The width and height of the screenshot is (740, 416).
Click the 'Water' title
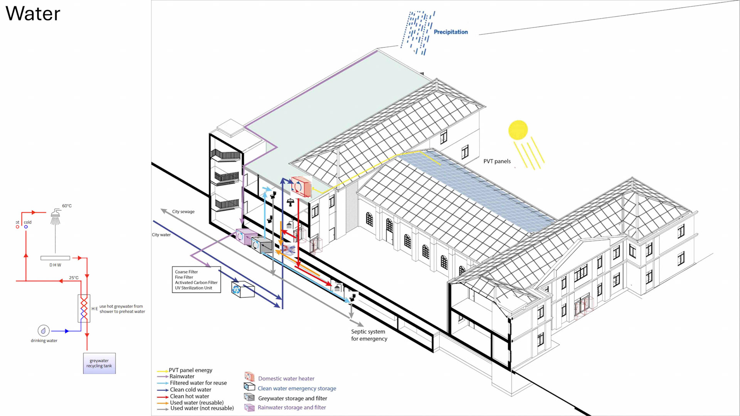click(x=33, y=14)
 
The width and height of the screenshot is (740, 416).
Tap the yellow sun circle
click(x=518, y=130)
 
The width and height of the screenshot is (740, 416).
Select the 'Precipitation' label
click(x=451, y=32)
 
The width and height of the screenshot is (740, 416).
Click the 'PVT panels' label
click(x=497, y=161)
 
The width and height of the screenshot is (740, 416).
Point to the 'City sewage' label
click(x=183, y=211)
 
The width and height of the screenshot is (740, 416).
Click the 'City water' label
click(x=161, y=235)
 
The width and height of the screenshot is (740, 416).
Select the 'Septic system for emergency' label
click(x=369, y=335)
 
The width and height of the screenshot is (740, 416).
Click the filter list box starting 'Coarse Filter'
click(x=196, y=280)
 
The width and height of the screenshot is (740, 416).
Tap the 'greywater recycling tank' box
click(x=99, y=363)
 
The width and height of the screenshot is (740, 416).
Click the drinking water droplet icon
click(x=44, y=330)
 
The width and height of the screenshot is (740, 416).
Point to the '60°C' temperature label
click(x=67, y=206)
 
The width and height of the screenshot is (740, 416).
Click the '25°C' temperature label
click(x=74, y=278)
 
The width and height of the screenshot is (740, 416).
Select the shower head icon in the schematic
click(x=55, y=216)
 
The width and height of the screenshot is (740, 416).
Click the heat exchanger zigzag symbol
click(x=84, y=308)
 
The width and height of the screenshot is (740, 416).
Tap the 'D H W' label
click(x=55, y=265)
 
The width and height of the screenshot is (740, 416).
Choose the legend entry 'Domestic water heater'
click(x=286, y=379)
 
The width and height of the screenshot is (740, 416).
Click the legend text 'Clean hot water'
click(x=189, y=396)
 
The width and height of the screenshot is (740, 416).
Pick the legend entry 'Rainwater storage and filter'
click(x=291, y=408)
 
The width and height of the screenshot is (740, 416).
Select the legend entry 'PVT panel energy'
click(x=190, y=370)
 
